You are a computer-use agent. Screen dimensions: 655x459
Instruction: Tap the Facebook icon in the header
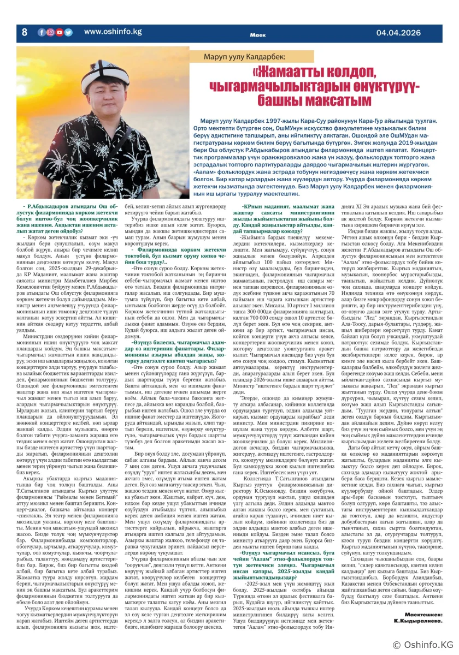click(42, 32)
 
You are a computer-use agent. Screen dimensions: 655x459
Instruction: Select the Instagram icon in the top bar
click(51, 32)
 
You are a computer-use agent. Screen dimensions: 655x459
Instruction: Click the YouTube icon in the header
click(60, 32)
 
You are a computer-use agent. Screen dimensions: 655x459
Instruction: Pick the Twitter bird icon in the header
click(68, 32)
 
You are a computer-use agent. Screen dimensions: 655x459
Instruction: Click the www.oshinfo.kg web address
click(113, 32)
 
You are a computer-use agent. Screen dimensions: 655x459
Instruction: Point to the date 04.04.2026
click(398, 33)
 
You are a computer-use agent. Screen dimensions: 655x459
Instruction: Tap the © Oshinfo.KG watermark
click(423, 645)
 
